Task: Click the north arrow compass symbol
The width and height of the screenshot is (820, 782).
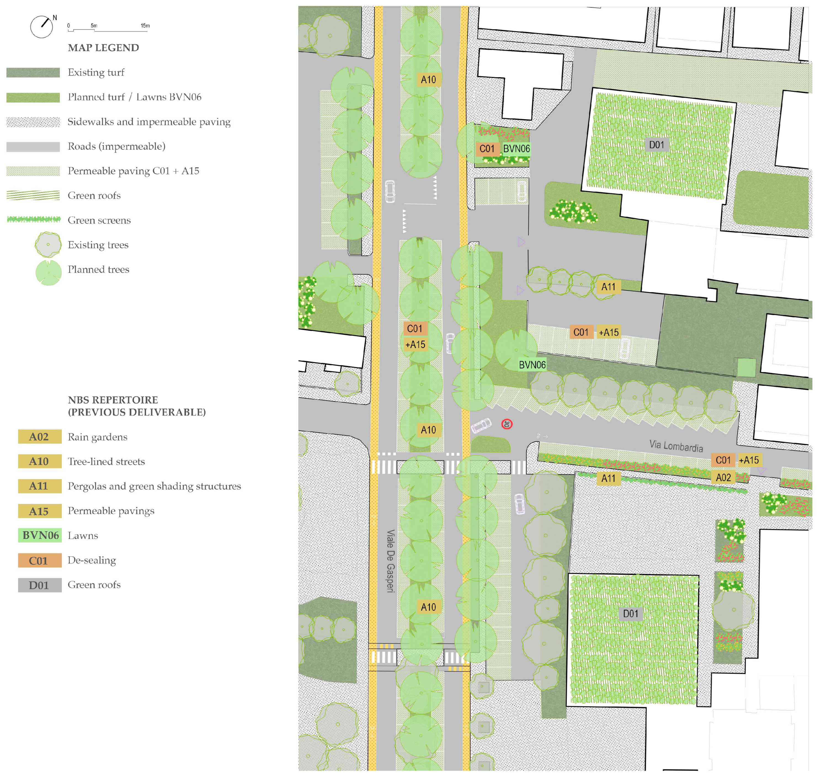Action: click(42, 27)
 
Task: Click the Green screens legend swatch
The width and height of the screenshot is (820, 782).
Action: click(33, 219)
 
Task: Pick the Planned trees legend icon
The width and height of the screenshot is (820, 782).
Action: click(48, 273)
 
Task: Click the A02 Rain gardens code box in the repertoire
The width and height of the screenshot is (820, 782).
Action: click(40, 437)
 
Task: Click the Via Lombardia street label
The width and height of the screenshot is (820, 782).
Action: click(676, 446)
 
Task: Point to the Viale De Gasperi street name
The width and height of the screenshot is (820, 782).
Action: click(390, 561)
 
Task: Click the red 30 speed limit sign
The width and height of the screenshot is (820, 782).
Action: click(507, 424)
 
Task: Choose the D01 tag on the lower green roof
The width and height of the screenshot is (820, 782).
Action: click(630, 613)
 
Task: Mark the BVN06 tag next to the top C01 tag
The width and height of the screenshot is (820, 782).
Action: click(516, 149)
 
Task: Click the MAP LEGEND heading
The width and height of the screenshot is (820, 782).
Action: click(103, 48)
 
